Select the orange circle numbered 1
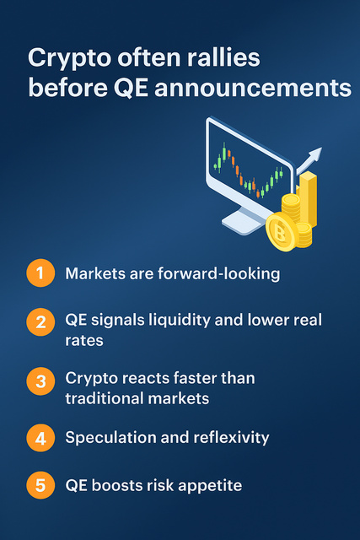39,273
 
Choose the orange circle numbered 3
39,383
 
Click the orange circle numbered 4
39,438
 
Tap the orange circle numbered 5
39,485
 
